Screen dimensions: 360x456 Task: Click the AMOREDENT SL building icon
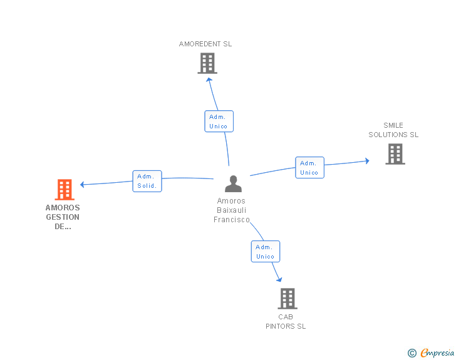[x=207, y=63]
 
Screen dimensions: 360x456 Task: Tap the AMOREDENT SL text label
[x=205, y=44]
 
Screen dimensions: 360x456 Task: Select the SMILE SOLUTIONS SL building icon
[x=395, y=154]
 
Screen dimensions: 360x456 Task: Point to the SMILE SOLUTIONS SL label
[x=393, y=130]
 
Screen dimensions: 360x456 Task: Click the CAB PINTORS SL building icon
[x=287, y=299]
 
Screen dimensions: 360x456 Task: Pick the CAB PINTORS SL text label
[x=286, y=321]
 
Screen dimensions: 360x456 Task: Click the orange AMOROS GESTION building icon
[x=65, y=189]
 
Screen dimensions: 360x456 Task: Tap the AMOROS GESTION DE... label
[x=63, y=217]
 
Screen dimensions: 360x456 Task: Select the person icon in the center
[x=233, y=183]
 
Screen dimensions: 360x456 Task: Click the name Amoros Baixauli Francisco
[x=232, y=210]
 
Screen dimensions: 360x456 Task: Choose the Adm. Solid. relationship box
[x=147, y=181]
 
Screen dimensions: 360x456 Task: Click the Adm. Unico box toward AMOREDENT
[x=219, y=121]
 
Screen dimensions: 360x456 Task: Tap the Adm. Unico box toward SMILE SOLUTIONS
[x=309, y=167]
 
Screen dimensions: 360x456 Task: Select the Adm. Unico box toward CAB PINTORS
[x=265, y=251]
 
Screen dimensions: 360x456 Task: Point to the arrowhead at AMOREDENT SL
[x=209, y=78]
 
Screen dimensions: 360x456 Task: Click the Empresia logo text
[x=437, y=353]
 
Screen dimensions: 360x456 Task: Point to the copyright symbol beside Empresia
[x=412, y=354]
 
